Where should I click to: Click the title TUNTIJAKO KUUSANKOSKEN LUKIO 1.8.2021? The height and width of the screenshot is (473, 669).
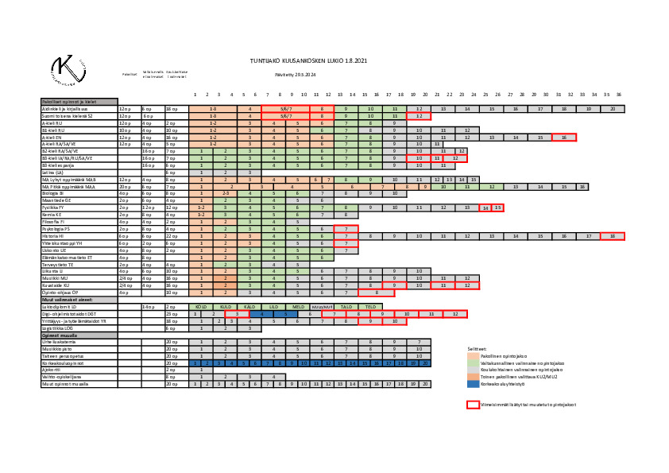coord(308,60)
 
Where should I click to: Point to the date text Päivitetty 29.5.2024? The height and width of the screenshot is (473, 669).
coord(296,74)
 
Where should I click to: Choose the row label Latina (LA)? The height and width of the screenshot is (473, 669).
coord(52,173)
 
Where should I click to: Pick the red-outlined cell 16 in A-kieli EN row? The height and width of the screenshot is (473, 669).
coord(563,137)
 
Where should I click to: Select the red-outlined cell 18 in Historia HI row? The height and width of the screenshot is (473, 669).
coord(612,236)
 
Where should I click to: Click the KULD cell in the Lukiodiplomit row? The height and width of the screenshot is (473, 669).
coord(226,306)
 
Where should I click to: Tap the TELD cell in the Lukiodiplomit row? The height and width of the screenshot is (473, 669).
coord(370,306)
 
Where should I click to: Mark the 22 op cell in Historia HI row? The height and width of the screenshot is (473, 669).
coord(175,236)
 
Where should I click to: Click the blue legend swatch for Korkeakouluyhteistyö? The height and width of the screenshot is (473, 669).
coord(473,384)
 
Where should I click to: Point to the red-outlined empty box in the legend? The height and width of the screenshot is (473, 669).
coord(473,405)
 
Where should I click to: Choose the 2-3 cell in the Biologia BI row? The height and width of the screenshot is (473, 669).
coord(226,193)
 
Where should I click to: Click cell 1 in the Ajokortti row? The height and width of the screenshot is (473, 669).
coord(201,370)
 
